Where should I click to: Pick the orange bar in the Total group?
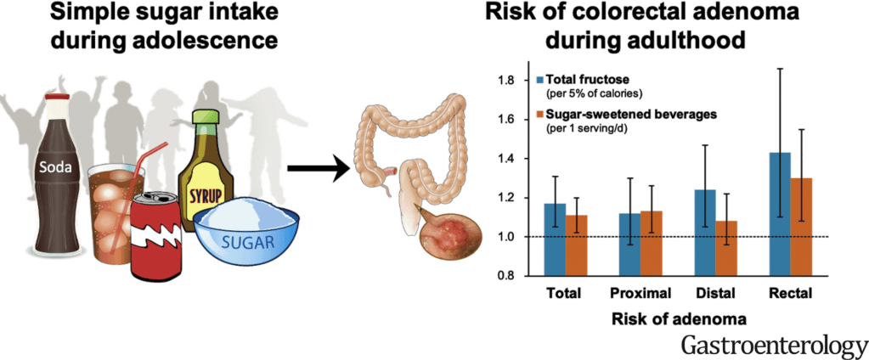(578, 245)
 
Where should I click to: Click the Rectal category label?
(790, 295)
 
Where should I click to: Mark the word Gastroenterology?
(772, 346)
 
